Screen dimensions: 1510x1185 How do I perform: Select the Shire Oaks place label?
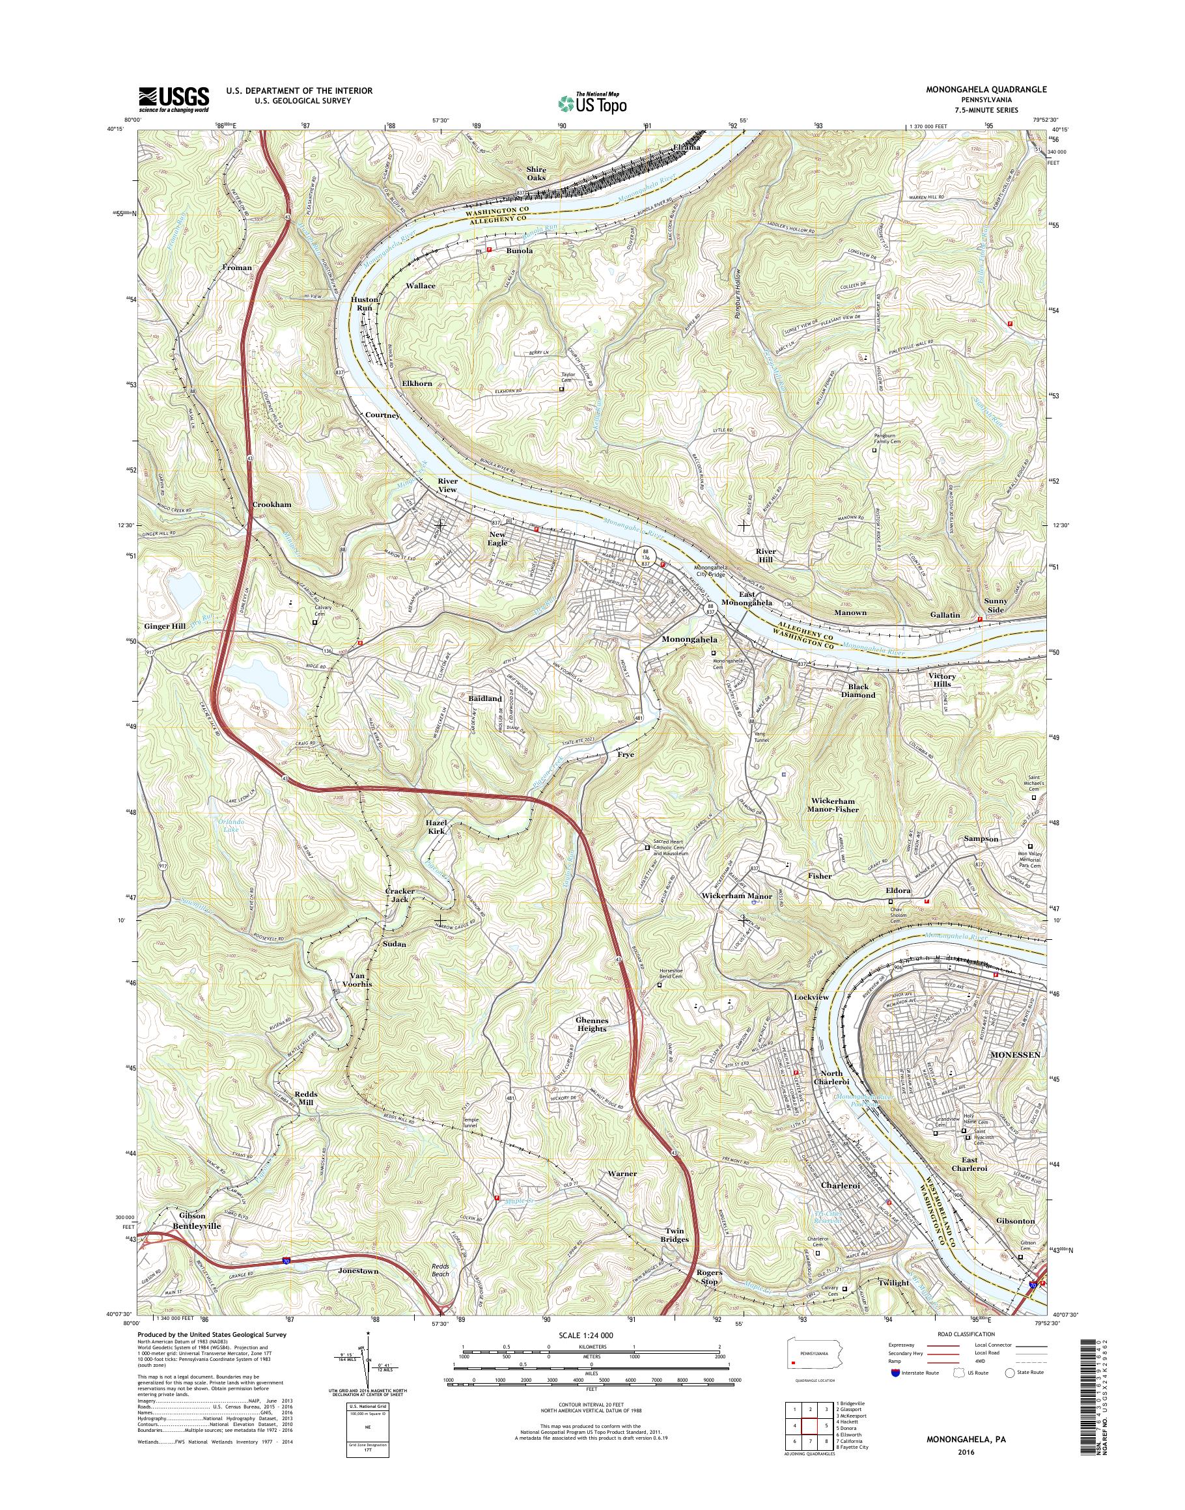537,173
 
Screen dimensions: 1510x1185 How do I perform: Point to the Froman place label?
237,267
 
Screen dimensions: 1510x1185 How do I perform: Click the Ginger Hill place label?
165,626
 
